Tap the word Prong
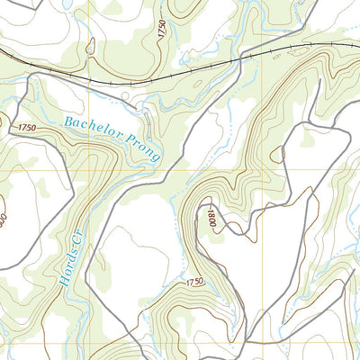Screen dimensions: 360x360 point(143,148)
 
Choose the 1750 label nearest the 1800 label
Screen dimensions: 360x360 point(194,283)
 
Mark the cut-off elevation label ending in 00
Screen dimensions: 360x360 point(4,219)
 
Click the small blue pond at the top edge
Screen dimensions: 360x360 point(66,4)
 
